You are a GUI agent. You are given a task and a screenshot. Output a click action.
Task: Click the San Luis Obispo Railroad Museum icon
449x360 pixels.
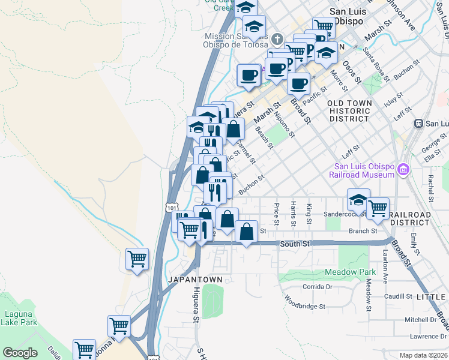pos(403,170)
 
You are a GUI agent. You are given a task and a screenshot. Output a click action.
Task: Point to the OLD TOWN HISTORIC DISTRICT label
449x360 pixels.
pos(349,111)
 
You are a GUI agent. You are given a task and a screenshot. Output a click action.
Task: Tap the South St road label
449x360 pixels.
pos(294,244)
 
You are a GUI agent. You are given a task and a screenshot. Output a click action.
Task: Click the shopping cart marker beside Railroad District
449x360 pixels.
pos(378,208)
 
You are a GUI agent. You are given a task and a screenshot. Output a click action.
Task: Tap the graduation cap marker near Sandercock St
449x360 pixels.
pos(358,199)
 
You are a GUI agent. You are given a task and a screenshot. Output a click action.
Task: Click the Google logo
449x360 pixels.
pos(20,353)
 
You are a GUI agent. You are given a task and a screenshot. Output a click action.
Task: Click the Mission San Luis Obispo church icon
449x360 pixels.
pos(277,39)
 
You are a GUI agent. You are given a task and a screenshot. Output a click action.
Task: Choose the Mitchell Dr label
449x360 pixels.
pos(421,320)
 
